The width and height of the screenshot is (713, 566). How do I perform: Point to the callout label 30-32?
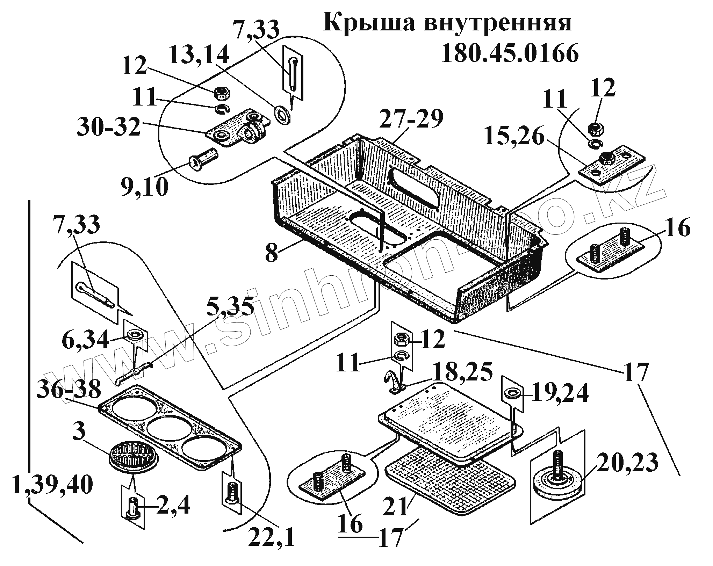[109, 128]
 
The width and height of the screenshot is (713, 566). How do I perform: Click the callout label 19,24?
[560, 395]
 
